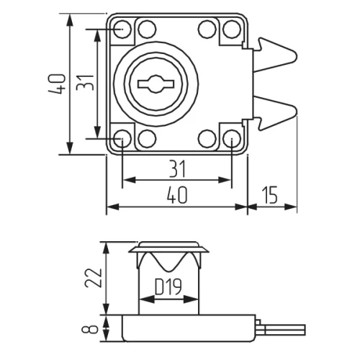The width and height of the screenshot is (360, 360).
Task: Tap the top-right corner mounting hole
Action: (x=231, y=29)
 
